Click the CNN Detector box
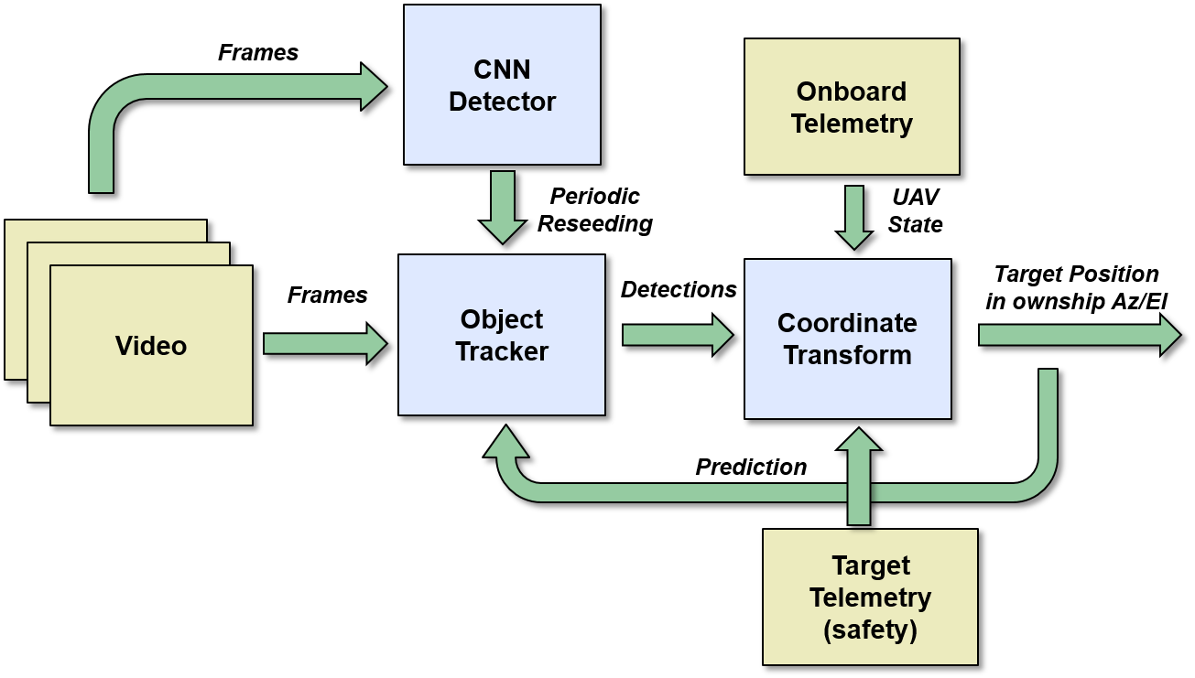[502, 85]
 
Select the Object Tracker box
[502, 335]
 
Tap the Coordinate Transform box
[847, 339]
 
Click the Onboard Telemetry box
[852, 107]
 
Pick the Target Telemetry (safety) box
[870, 597]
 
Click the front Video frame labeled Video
[151, 346]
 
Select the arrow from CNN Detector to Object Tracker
[503, 207]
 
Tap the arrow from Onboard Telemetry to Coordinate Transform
[854, 217]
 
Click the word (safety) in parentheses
[870, 630]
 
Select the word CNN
[502, 70]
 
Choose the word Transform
[847, 355]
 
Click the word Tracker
[502, 351]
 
